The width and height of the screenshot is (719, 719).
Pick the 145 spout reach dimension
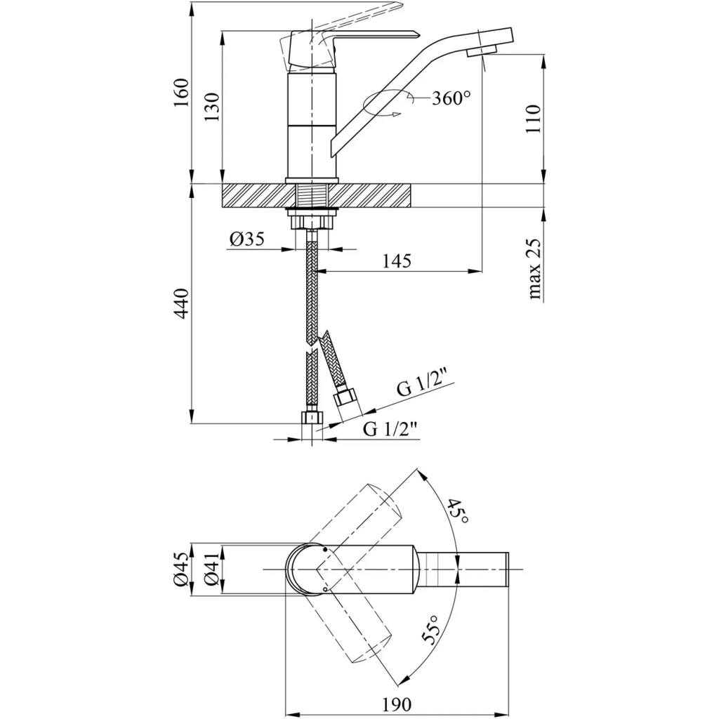[x=397, y=260]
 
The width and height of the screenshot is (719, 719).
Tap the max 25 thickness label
[x=535, y=270]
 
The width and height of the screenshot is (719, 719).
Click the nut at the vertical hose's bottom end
[x=309, y=418]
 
